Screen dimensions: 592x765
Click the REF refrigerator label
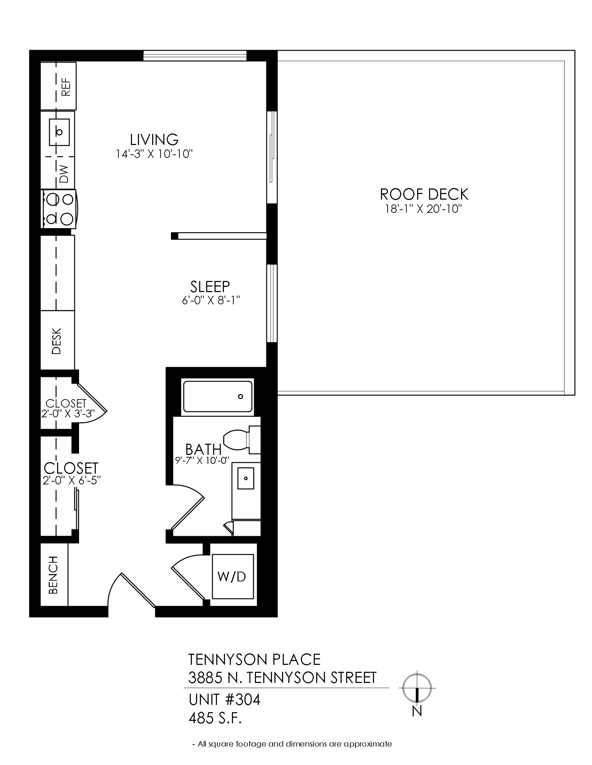click(x=66, y=87)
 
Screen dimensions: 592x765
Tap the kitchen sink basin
click(x=59, y=132)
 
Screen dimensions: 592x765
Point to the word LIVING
click(x=154, y=139)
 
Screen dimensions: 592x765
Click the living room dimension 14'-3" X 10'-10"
click(x=155, y=154)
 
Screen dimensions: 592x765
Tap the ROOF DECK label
click(x=424, y=194)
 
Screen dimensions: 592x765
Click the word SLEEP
click(x=210, y=287)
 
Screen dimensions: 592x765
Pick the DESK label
click(x=56, y=341)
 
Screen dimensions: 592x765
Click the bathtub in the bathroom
click(x=218, y=396)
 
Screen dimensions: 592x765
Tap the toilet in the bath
click(x=241, y=440)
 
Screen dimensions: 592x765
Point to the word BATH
click(x=203, y=449)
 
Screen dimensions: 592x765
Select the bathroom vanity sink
click(x=246, y=478)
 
